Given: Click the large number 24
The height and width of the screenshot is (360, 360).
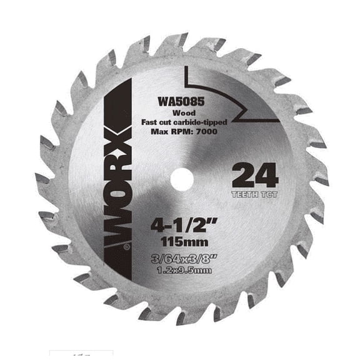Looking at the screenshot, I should (254, 176).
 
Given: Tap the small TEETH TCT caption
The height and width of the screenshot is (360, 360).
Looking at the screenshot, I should (254, 194).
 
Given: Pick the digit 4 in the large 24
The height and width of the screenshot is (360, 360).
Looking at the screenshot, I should (267, 176).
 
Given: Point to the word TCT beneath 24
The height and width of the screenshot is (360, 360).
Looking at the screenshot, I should (267, 194).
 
